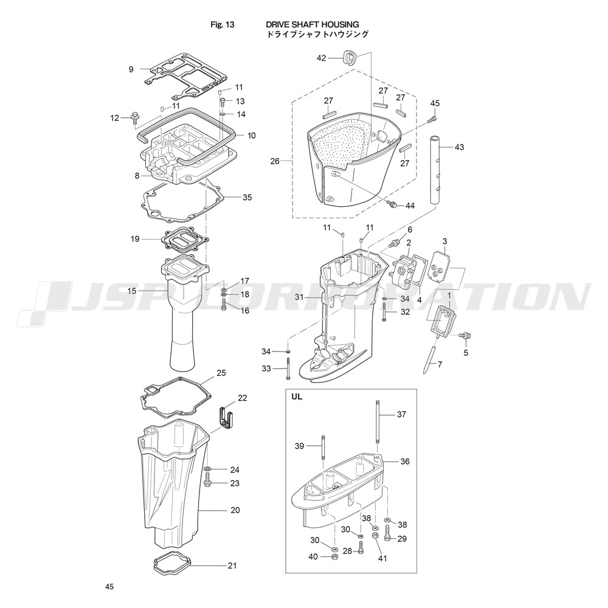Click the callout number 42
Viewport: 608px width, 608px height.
pyautogui.click(x=322, y=58)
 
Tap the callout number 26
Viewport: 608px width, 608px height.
pyautogui.click(x=275, y=161)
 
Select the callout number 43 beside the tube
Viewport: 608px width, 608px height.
pyautogui.click(x=459, y=147)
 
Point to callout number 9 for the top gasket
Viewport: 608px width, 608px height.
pyautogui.click(x=131, y=69)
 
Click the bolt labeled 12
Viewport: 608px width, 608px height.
pyautogui.click(x=134, y=117)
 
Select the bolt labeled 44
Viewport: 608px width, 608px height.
pyautogui.click(x=392, y=203)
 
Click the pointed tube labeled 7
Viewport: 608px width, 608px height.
pyautogui.click(x=432, y=355)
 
